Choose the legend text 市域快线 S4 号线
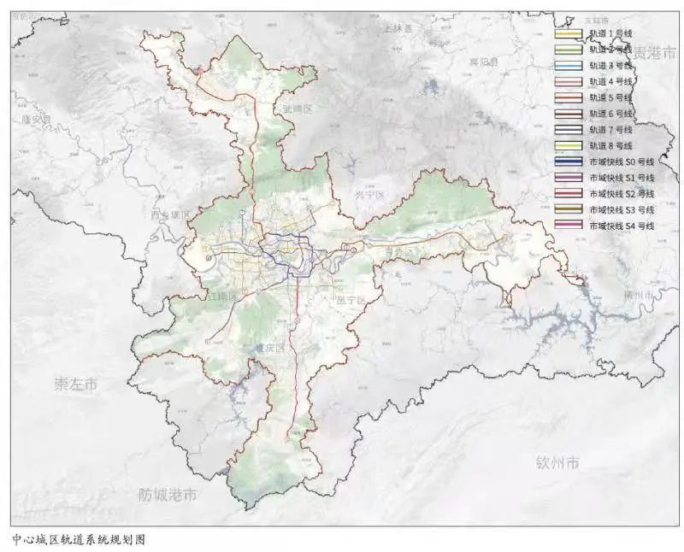[x=621, y=226]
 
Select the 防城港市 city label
[x=168, y=495]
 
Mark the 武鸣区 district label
[x=299, y=109]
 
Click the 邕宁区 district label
[x=351, y=300]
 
